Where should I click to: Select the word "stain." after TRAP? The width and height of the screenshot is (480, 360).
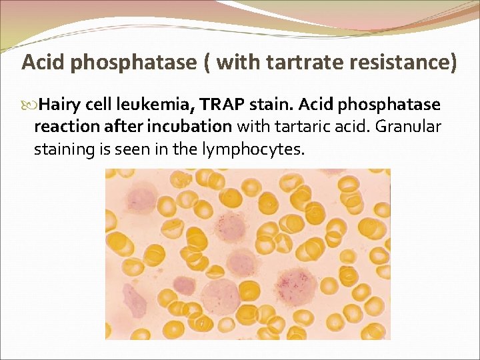pyautogui.click(x=271, y=105)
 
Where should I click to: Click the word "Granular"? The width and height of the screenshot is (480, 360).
pyautogui.click(x=411, y=127)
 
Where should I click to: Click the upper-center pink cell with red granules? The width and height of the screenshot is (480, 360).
pyautogui.click(x=231, y=227)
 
